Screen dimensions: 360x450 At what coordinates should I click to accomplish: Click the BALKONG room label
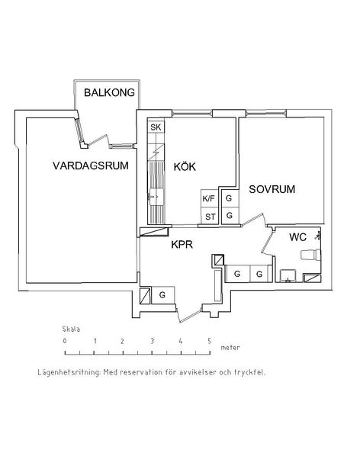(109, 92)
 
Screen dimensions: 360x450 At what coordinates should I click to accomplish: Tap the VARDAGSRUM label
(91, 166)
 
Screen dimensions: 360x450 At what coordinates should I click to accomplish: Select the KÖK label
(185, 166)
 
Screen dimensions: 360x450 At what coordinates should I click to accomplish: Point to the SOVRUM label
(272, 189)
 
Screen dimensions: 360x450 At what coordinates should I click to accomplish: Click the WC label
(297, 237)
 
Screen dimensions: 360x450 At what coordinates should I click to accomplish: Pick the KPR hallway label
(182, 245)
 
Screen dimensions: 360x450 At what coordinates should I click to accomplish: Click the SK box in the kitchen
(156, 127)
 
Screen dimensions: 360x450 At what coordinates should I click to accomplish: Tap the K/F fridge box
(209, 198)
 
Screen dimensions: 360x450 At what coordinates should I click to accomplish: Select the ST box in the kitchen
(210, 217)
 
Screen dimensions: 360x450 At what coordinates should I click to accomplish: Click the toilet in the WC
(310, 255)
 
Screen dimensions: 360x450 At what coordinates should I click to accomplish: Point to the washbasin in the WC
(289, 275)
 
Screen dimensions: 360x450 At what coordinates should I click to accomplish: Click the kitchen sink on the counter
(156, 197)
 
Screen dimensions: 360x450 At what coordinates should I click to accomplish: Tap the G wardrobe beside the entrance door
(162, 295)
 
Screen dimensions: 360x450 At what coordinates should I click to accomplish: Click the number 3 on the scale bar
(152, 341)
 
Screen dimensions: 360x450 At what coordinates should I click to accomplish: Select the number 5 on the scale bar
(210, 341)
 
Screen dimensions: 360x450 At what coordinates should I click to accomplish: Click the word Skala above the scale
(71, 329)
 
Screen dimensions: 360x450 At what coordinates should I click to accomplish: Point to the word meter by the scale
(230, 348)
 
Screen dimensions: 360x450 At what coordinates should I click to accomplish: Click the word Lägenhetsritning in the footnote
(69, 372)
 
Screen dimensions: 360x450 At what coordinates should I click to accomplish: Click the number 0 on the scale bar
(65, 341)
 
